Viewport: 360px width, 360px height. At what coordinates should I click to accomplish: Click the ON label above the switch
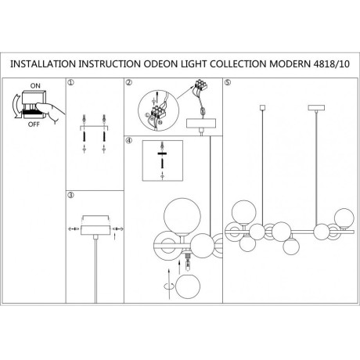35,85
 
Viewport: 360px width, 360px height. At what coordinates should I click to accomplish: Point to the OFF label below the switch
34,124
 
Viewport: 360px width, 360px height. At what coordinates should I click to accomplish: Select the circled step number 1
70,82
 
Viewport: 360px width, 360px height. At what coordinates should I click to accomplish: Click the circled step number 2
128,82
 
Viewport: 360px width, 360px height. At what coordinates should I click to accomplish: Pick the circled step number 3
70,195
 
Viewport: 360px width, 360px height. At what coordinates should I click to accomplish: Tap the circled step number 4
128,140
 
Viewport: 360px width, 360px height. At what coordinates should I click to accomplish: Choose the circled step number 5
228,82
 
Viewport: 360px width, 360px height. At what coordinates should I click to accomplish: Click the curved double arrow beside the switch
14,106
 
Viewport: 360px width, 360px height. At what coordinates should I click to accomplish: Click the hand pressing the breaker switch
51,111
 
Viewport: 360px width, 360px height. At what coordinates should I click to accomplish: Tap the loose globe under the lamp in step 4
188,286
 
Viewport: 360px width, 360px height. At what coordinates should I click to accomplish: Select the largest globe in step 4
182,216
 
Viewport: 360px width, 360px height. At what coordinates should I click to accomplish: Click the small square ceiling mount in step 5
262,107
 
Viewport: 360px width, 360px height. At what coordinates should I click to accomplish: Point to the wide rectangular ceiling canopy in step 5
316,107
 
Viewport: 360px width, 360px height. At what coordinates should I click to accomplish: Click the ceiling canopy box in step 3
95,230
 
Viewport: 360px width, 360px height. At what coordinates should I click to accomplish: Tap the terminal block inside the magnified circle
157,112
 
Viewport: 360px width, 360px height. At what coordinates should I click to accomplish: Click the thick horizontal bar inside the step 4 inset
162,154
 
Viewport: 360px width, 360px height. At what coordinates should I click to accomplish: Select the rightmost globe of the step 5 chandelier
344,218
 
